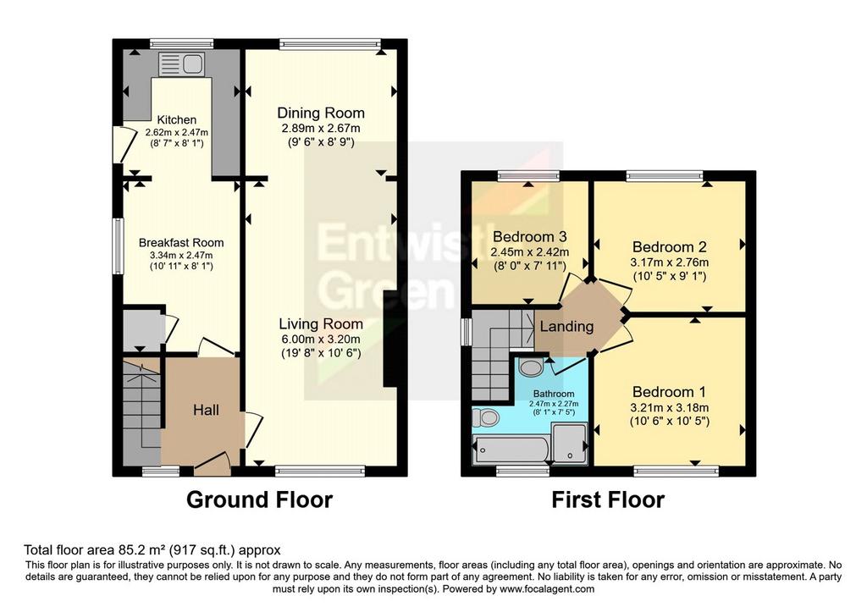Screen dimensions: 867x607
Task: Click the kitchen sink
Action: [181, 64]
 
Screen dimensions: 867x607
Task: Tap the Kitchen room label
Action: [176, 120]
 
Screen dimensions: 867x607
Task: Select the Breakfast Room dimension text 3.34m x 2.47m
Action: [181, 256]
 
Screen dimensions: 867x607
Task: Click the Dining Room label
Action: [321, 113]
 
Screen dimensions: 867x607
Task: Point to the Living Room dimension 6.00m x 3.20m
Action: [321, 339]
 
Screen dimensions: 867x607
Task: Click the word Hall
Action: [206, 411]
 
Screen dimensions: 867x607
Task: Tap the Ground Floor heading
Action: [259, 499]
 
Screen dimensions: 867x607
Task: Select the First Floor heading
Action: [608, 499]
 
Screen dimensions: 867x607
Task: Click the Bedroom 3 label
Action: [530, 237]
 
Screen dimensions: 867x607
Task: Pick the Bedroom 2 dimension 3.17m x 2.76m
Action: [670, 262]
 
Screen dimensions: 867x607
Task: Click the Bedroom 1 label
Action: [669, 392]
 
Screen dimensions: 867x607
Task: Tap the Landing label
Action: [566, 327]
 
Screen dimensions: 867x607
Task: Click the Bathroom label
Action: [554, 395]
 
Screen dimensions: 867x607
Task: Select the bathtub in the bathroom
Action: [511, 450]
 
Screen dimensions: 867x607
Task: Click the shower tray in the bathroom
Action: [569, 443]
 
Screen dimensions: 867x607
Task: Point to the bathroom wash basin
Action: [532, 366]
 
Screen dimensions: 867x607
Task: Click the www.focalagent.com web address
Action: [547, 589]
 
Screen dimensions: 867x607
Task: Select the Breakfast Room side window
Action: [119, 246]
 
